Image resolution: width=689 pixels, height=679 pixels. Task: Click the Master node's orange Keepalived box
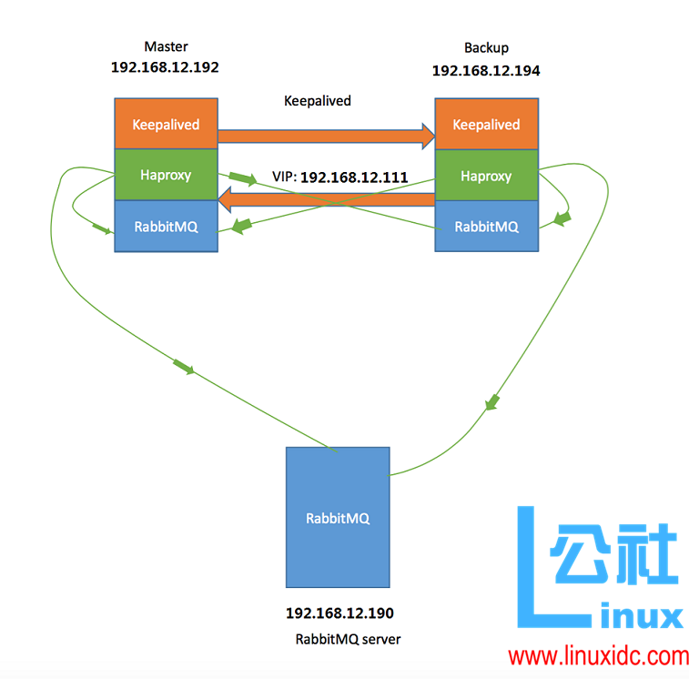(166, 124)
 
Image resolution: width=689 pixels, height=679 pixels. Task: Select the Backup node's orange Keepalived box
(486, 124)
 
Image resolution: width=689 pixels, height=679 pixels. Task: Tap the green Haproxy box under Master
(166, 175)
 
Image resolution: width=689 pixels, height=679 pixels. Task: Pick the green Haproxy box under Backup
(486, 175)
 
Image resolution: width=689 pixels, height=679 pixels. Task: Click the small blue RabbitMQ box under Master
(166, 227)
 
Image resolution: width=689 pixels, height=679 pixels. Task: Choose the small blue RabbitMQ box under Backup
(486, 227)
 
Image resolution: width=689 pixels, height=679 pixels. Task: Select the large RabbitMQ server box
(338, 517)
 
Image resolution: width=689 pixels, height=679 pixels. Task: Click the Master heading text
(166, 46)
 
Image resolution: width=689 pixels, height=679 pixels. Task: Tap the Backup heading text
(486, 47)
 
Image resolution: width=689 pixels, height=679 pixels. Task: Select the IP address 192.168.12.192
(165, 67)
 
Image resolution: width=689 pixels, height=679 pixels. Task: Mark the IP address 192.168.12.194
(485, 70)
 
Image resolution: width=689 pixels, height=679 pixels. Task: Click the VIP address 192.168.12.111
(353, 177)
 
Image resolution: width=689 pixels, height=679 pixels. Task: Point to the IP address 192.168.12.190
(339, 613)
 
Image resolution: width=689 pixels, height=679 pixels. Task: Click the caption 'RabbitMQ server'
(348, 639)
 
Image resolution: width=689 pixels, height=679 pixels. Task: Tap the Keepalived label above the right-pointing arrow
(318, 101)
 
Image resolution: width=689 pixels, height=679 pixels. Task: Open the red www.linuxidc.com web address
(598, 655)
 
